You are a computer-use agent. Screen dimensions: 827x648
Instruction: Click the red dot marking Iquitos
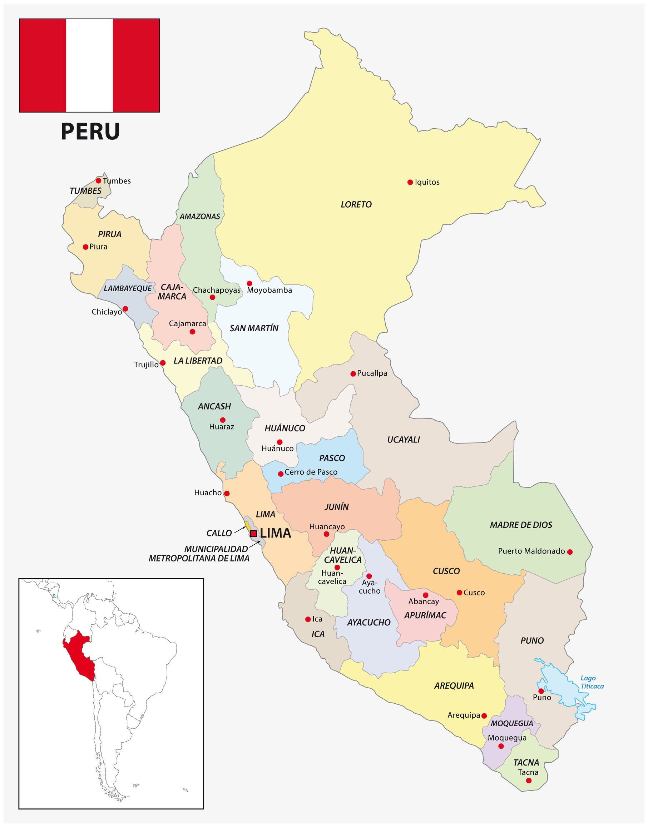tap(410, 183)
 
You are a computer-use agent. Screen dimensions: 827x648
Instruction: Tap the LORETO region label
tap(356, 205)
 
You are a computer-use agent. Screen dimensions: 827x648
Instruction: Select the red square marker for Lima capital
tap(254, 534)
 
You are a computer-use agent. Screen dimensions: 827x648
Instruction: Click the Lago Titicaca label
tap(592, 682)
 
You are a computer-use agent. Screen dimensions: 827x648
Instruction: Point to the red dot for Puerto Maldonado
tap(569, 552)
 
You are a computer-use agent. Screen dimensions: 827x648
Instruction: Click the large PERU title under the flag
tap(90, 132)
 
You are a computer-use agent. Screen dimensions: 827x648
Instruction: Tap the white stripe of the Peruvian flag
tap(90, 66)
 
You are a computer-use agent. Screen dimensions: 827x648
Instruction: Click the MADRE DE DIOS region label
tap(520, 525)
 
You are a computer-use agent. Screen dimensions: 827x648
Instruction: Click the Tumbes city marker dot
tap(99, 180)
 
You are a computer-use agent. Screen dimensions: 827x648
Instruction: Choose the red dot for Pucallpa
tap(353, 374)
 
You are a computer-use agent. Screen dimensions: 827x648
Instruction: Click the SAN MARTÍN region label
tap(254, 328)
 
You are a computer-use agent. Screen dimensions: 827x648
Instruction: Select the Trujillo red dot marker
tap(163, 363)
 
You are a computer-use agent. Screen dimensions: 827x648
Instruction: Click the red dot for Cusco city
tap(459, 593)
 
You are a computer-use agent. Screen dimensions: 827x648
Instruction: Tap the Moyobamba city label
tap(269, 291)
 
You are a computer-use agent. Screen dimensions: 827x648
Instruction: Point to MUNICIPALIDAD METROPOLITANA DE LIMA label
tap(199, 554)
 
